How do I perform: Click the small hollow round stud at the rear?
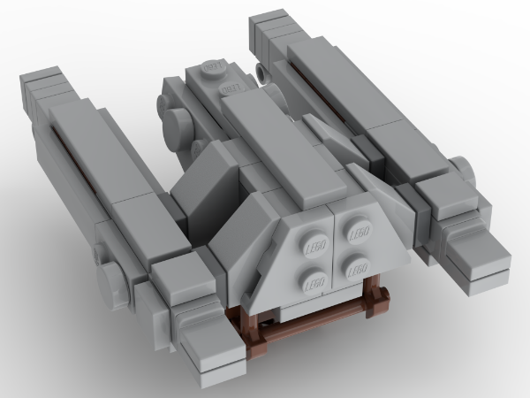click(x=261, y=69)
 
